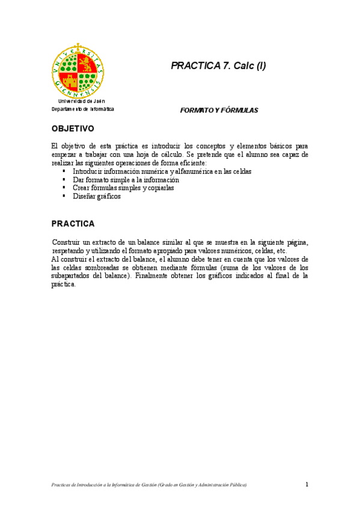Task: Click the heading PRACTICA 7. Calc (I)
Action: pyautogui.click(x=218, y=66)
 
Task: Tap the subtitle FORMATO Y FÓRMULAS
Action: pyautogui.click(x=219, y=111)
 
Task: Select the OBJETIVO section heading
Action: pyautogui.click(x=73, y=129)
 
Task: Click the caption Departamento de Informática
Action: pyautogui.click(x=82, y=109)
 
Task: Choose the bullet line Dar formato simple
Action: pyautogui.click(x=126, y=180)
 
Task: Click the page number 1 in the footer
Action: pyautogui.click(x=307, y=484)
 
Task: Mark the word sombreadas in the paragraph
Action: pyautogui.click(x=99, y=268)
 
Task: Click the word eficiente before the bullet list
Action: pyautogui.click(x=191, y=163)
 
